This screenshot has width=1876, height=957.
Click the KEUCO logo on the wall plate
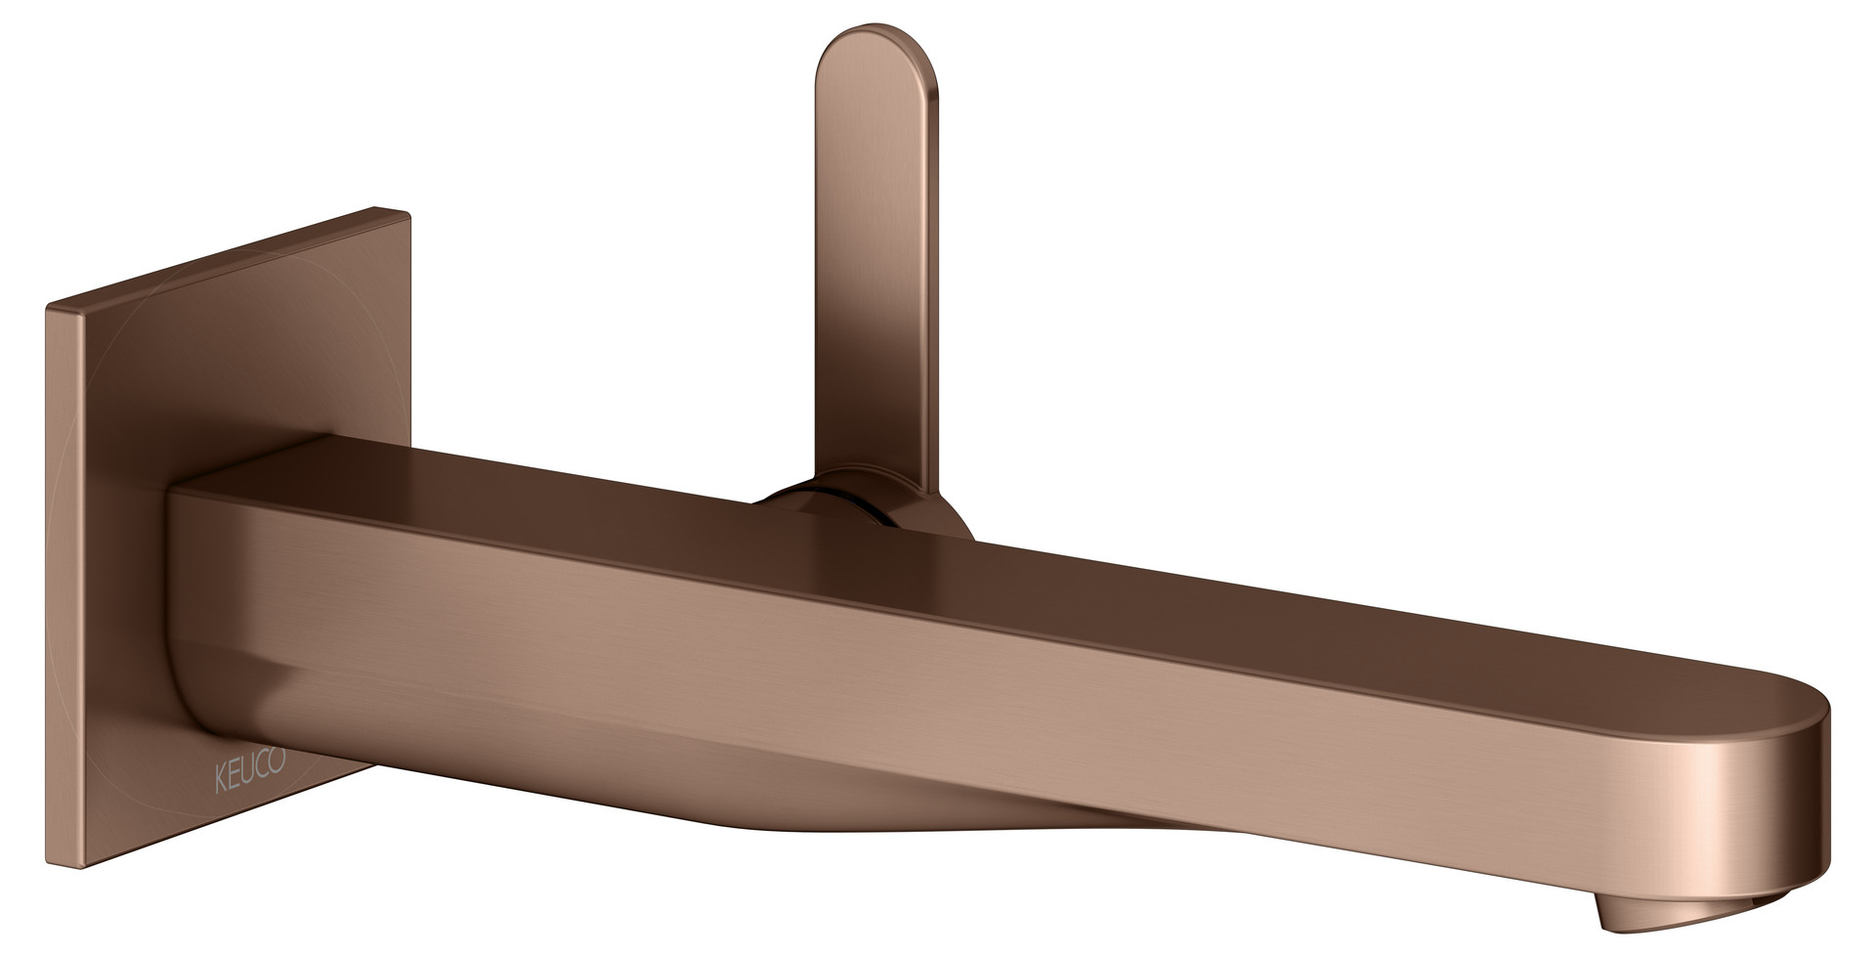tap(250, 762)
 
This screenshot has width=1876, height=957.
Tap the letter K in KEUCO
tap(221, 763)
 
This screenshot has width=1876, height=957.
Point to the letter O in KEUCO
tap(277, 761)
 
